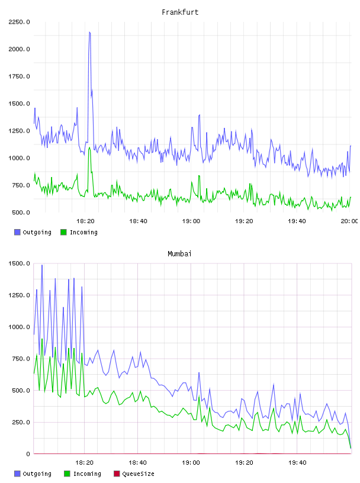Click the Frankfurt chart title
pos(180,12)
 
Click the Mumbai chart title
pos(179,254)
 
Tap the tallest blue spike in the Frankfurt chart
pos(89,32)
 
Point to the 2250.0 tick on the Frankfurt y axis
pos(19,22)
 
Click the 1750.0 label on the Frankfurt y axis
pos(19,76)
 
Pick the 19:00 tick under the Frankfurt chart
pos(191,221)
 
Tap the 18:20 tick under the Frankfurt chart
pos(85,221)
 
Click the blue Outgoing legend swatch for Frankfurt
pos(17,232)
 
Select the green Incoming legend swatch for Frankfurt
pos(63,232)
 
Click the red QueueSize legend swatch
pos(117,474)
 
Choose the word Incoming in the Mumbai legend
pos(87,474)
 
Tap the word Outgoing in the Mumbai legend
pos(37,474)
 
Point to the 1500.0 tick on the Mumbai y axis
pos(19,263)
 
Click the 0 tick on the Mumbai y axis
pos(28,454)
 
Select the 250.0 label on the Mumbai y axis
pos(21,422)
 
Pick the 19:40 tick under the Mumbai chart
pos(297,463)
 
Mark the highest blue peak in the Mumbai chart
pos(42,265)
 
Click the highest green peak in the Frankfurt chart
pos(89,148)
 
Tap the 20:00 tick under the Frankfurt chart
pos(349,221)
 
